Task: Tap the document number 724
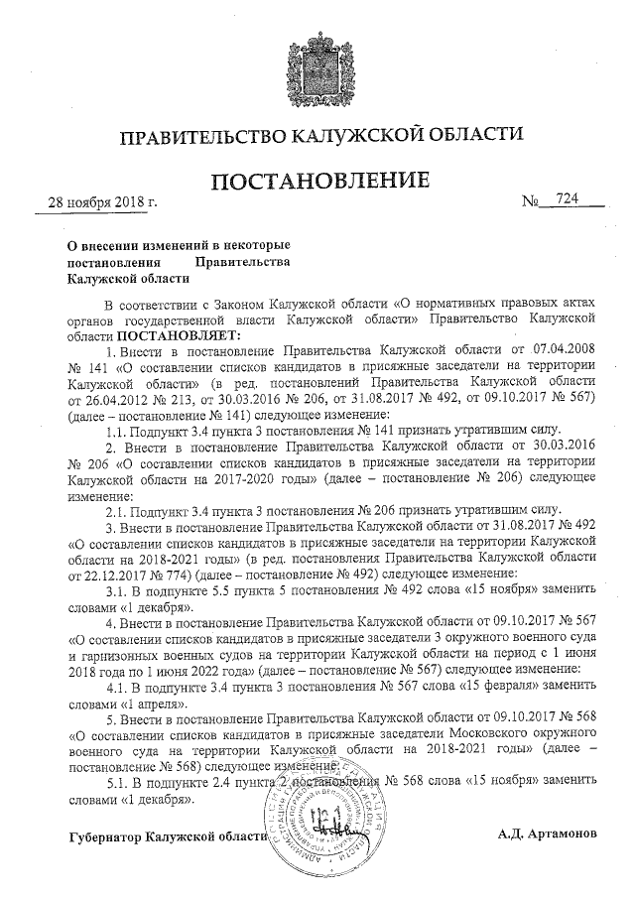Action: point(568,200)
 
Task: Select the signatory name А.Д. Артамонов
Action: point(548,834)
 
